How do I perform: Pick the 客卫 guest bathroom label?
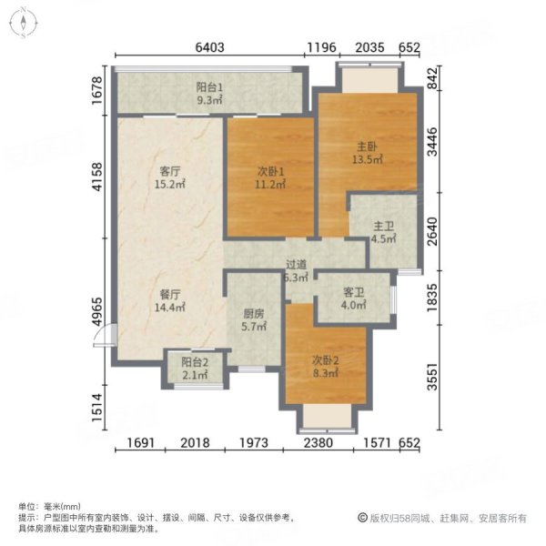tap(353, 293)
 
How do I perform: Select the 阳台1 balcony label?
tap(209, 88)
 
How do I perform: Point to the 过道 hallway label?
tap(294, 265)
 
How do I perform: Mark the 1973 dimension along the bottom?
tap(255, 443)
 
